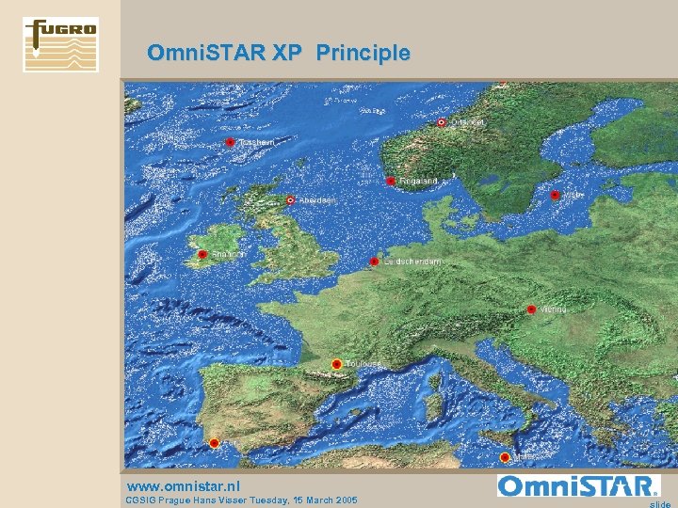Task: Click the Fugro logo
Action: pyautogui.click(x=60, y=44)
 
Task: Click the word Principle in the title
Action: pyautogui.click(x=363, y=54)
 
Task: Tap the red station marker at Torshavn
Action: pyautogui.click(x=230, y=143)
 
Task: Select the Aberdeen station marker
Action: pyautogui.click(x=291, y=199)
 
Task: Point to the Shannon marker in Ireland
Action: pyautogui.click(x=202, y=255)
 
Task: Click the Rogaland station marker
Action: pyautogui.click(x=391, y=181)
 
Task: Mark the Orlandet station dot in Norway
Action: pyautogui.click(x=442, y=122)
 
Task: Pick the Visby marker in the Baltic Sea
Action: pyautogui.click(x=556, y=196)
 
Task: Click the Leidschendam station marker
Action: pyautogui.click(x=374, y=262)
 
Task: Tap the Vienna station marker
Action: pyautogui.click(x=531, y=310)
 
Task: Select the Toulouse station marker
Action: pyautogui.click(x=336, y=364)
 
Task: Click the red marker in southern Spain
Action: pyautogui.click(x=214, y=442)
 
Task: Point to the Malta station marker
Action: pyautogui.click(x=505, y=457)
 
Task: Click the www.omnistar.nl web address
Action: pyautogui.click(x=183, y=485)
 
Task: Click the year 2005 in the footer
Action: pyautogui.click(x=343, y=500)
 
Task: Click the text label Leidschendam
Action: pyautogui.click(x=413, y=262)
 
